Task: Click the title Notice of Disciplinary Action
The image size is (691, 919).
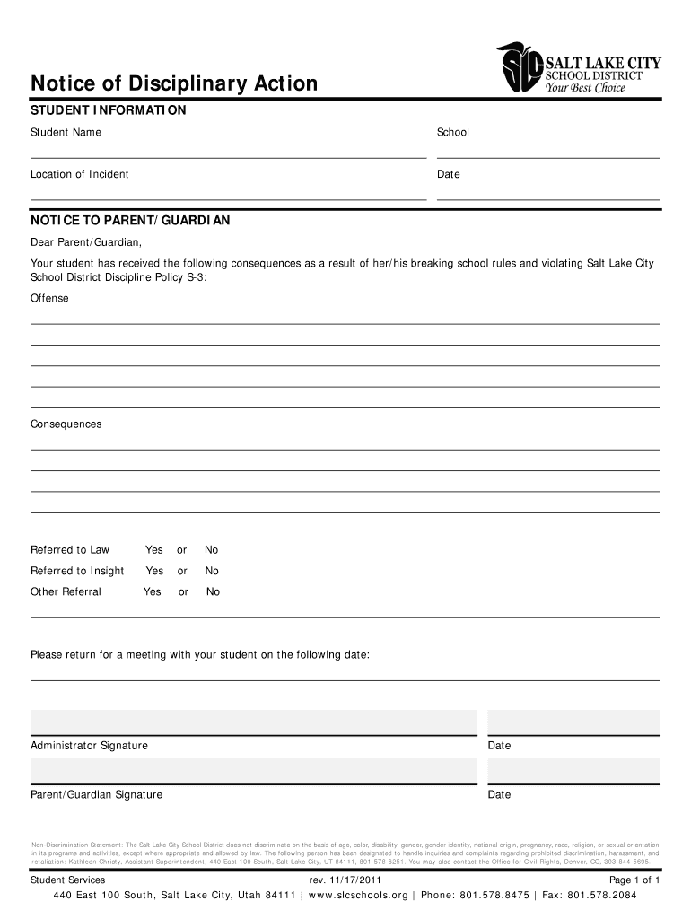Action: point(174,84)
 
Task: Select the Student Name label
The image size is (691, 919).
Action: point(66,133)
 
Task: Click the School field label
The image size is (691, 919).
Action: point(453,133)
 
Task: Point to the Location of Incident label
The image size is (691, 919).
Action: point(80,174)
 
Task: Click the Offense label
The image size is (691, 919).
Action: point(49,298)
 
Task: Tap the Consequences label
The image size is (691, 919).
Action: point(66,424)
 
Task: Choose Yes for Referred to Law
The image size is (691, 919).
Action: point(154,550)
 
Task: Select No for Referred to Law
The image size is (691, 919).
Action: point(212,550)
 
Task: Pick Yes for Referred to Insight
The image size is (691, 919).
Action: point(154,571)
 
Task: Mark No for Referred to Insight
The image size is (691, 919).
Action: point(212,571)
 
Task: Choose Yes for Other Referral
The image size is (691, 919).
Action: point(153,592)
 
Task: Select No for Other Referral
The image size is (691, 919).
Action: point(214,592)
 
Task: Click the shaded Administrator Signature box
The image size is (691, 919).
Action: point(254,722)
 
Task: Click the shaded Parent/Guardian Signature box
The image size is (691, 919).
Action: point(254,771)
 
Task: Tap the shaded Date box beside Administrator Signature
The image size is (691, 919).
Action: point(573,722)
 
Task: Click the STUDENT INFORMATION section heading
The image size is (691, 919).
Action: point(109,110)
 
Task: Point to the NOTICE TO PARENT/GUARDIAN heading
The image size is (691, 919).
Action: point(130,220)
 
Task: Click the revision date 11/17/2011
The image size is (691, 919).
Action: point(357,880)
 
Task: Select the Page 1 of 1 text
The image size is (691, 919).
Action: point(634,880)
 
